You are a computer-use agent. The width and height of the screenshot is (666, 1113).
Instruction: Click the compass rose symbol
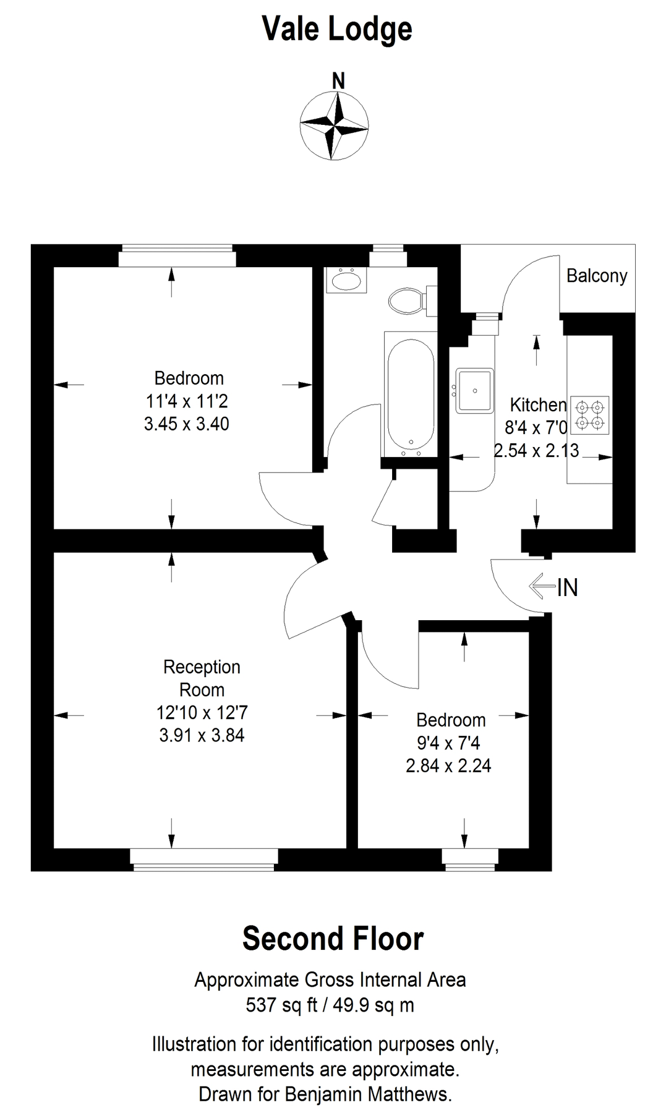click(x=334, y=126)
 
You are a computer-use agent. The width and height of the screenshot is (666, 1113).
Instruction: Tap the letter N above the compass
click(x=338, y=81)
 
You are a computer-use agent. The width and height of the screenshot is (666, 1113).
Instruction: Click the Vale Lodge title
click(x=337, y=29)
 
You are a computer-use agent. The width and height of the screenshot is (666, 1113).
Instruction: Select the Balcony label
click(x=597, y=276)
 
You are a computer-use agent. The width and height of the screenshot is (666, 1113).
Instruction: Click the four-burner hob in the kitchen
click(x=589, y=415)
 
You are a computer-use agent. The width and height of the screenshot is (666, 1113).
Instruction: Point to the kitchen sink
click(x=475, y=390)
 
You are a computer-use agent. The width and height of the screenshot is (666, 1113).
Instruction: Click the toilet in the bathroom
click(x=408, y=301)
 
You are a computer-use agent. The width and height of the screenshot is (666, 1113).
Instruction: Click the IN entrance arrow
click(x=543, y=586)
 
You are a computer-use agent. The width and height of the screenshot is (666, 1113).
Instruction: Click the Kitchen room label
click(x=537, y=405)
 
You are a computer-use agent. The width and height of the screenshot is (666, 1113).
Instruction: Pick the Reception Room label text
click(x=202, y=678)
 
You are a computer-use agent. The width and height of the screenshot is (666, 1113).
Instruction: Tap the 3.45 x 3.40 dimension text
click(x=186, y=424)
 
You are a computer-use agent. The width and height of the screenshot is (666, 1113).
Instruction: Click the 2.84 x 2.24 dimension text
click(x=448, y=766)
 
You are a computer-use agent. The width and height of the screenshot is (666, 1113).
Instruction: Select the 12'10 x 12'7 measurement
click(x=202, y=713)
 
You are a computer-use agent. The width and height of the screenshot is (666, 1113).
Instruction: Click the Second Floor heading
click(x=333, y=939)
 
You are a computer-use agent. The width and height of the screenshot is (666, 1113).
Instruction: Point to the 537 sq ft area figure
click(x=281, y=1005)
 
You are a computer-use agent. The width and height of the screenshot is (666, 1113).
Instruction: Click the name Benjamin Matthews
click(x=368, y=1094)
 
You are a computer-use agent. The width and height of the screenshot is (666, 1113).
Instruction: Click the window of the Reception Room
click(x=204, y=859)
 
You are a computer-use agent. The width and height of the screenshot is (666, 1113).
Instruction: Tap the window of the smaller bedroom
click(x=470, y=859)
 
